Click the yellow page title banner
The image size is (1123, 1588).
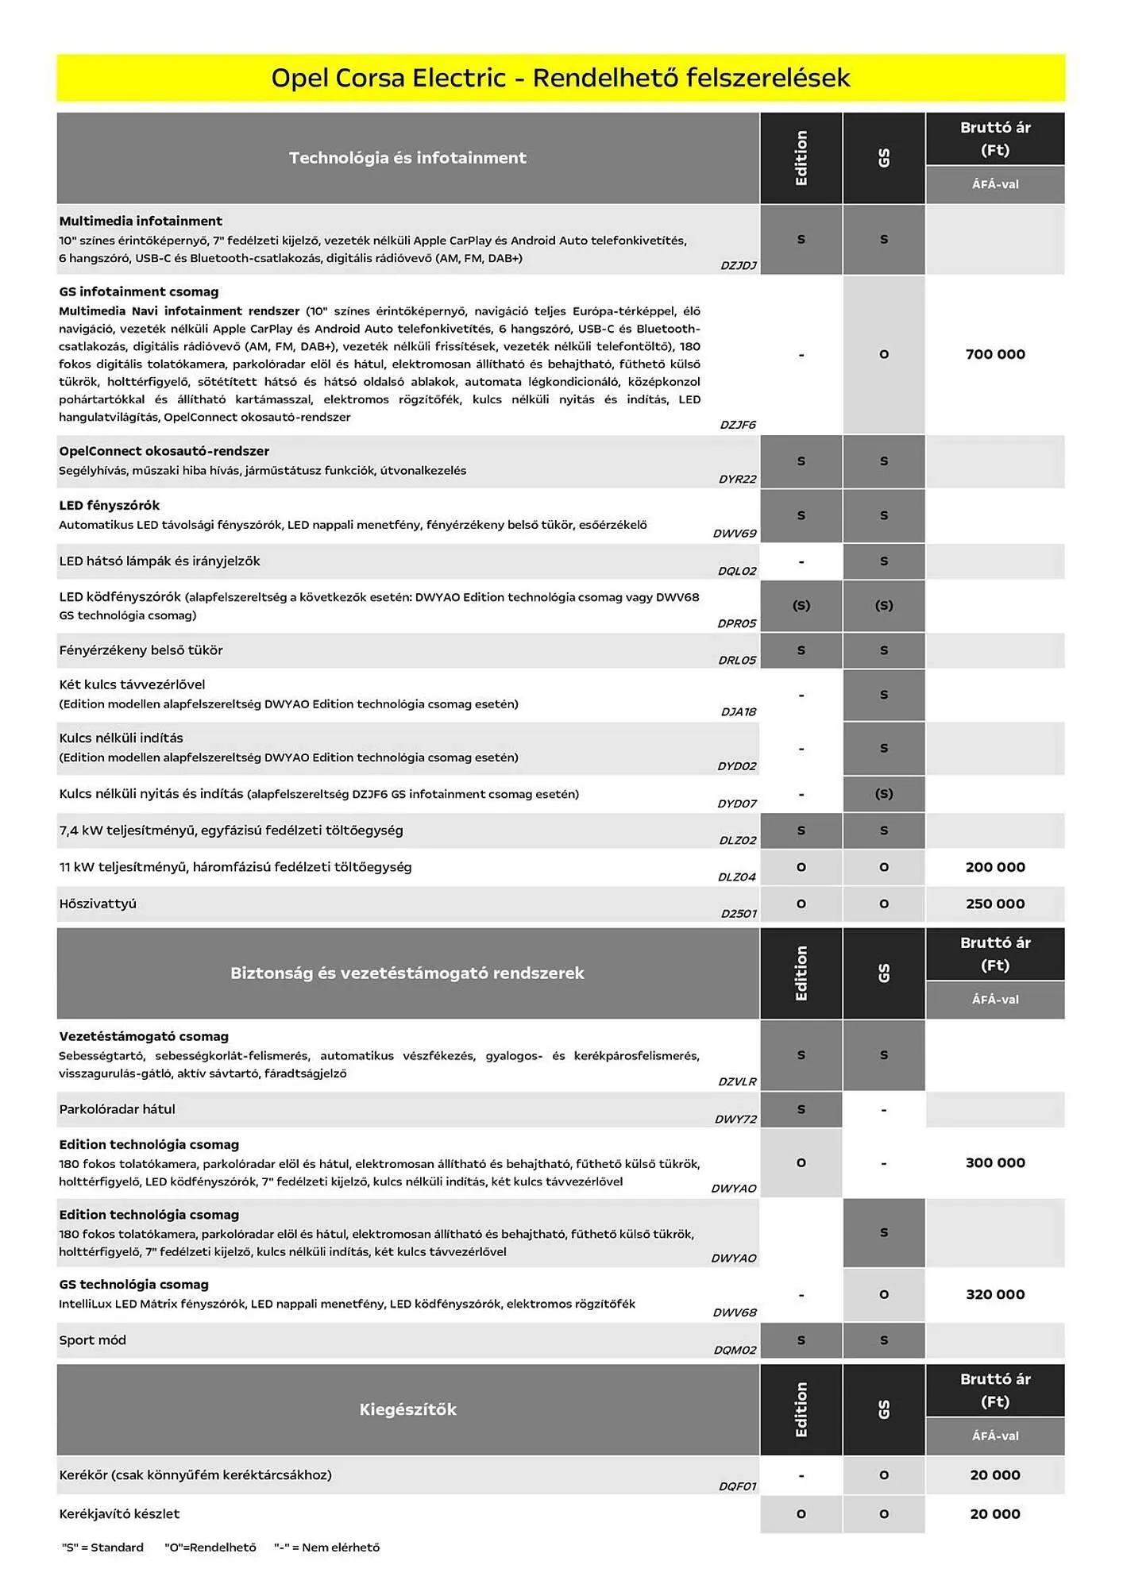click(x=561, y=78)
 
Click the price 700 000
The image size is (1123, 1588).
click(x=995, y=354)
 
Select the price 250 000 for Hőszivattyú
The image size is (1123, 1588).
click(x=995, y=904)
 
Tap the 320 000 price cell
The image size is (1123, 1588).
click(x=995, y=1294)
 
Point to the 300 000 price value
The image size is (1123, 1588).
click(x=995, y=1162)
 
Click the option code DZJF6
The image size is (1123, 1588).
click(x=738, y=425)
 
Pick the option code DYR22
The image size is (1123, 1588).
click(x=738, y=479)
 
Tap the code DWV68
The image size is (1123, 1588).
click(x=735, y=1312)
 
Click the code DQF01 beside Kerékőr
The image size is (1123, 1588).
click(x=738, y=1486)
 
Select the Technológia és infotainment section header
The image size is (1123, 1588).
click(x=407, y=158)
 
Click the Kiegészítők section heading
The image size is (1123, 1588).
click(x=407, y=1409)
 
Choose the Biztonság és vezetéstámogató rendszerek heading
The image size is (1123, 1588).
click(x=407, y=973)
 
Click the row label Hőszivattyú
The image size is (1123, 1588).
click(x=98, y=904)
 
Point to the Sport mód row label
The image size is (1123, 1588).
click(x=93, y=1340)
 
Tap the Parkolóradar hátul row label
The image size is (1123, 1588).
click(x=117, y=1109)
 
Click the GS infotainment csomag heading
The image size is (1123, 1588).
click(x=139, y=291)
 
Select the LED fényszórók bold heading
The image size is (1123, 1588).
click(x=110, y=505)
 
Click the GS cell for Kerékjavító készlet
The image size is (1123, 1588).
click(x=884, y=1514)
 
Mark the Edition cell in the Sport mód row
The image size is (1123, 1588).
click(x=801, y=1340)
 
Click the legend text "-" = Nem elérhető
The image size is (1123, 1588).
click(x=327, y=1547)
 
